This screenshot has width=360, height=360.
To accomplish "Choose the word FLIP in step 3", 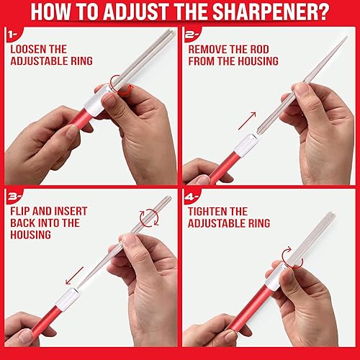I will (x=22, y=211).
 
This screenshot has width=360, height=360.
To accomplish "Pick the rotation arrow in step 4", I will (x=291, y=265).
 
